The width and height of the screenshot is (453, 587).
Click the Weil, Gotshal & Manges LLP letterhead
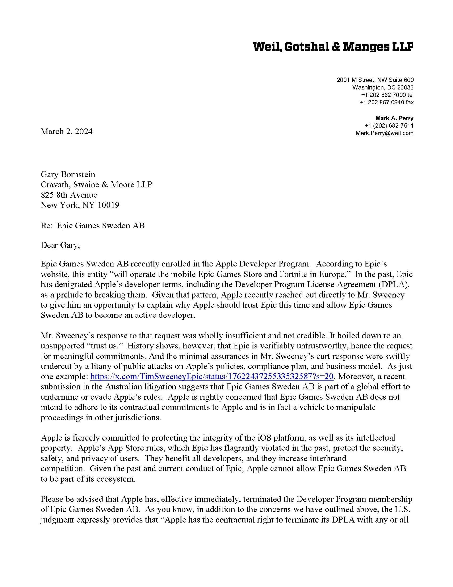(333, 47)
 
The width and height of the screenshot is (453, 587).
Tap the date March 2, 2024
(67, 131)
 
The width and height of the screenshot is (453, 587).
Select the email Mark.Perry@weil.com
(385, 133)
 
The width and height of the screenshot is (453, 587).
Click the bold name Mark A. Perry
(394, 118)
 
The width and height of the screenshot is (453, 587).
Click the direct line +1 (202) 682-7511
(389, 125)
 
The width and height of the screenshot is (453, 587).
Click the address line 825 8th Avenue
(69, 195)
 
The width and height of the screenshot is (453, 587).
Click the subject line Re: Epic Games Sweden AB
(93, 226)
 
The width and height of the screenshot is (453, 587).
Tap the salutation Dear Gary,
(60, 245)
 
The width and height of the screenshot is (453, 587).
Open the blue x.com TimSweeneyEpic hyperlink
(212, 376)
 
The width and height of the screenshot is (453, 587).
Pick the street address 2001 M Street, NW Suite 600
(375, 80)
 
